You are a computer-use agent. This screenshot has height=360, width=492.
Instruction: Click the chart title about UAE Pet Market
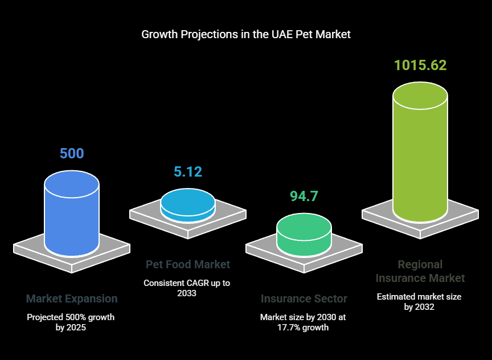[x=246, y=34]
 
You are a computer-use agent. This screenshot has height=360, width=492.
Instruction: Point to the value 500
[x=72, y=153]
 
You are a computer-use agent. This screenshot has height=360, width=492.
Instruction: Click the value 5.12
[x=188, y=171]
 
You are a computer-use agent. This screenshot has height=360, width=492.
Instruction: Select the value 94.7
[x=304, y=197]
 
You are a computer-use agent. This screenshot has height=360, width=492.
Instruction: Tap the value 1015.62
[x=420, y=65]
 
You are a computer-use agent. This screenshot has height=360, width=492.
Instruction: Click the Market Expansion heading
[x=72, y=298]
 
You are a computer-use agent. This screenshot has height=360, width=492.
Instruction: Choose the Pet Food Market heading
[x=188, y=264]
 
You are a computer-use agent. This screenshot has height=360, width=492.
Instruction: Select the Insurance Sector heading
[x=304, y=298]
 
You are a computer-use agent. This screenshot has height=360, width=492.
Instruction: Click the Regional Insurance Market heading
[x=420, y=271]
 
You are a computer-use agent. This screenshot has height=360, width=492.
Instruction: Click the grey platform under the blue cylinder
[x=34, y=251]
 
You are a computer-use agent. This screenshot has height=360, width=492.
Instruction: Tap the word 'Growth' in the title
[x=159, y=34]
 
